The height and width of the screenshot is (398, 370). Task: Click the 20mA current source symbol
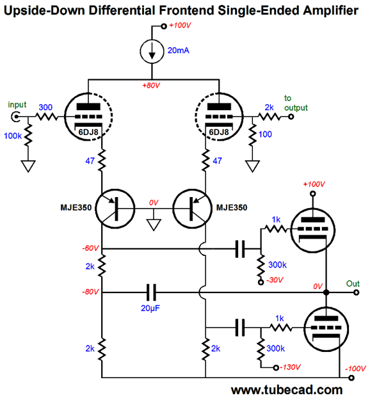pos(152,52)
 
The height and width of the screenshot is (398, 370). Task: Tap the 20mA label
pos(178,51)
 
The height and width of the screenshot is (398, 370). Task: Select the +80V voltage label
pos(151,85)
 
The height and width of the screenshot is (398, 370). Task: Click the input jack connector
pos(15,117)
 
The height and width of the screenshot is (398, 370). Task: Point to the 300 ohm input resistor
pos(47,117)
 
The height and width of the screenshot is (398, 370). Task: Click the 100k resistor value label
pos(13,136)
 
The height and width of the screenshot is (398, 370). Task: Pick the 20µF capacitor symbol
pos(151,292)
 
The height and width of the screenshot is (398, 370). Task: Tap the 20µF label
pos(150,308)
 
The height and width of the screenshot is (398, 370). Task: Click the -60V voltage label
pos(90,248)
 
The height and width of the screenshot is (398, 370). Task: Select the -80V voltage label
pos(90,292)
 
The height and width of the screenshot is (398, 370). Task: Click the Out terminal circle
pos(357,292)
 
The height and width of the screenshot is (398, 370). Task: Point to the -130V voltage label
pos(290,367)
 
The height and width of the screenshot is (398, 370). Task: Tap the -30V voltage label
pos(275,280)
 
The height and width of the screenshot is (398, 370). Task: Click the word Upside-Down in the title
pos(44,11)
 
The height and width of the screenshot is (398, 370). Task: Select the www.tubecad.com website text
pos(287,390)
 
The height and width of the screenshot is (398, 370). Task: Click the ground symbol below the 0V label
pos(154,225)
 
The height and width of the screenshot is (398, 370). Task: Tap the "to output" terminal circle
pos(291,116)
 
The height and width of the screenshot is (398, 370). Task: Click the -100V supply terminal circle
pos(351,378)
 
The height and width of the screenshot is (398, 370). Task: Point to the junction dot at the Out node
pos(326,292)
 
